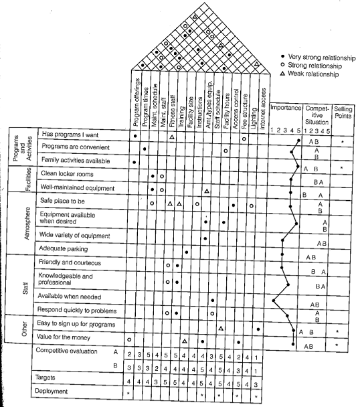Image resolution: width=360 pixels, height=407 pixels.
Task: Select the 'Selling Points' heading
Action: pyautogui.click(x=343, y=111)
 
